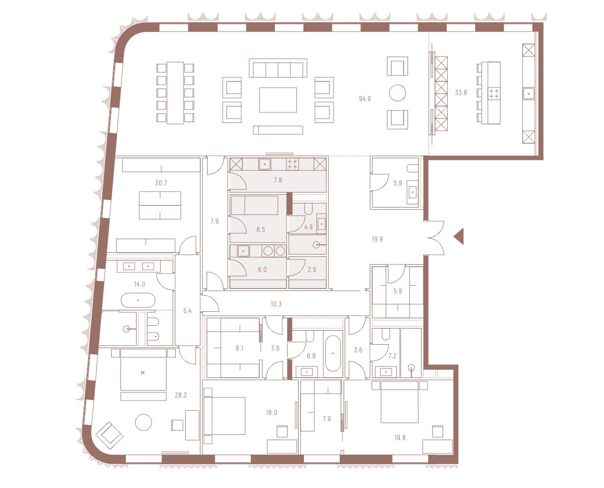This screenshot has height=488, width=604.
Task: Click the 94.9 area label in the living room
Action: tap(364, 99)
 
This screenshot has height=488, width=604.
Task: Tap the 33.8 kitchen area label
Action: tap(461, 92)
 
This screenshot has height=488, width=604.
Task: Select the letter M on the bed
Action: tap(143, 373)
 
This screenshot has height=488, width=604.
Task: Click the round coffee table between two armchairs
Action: tap(397, 93)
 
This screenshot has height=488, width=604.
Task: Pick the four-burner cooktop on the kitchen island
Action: tap(494, 93)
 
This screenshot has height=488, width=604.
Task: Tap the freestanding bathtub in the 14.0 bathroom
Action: tap(138, 300)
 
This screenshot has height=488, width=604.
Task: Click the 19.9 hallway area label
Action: tap(377, 239)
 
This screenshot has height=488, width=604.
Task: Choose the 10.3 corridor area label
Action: tap(276, 304)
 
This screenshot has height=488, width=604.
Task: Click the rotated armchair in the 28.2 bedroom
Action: tap(109, 435)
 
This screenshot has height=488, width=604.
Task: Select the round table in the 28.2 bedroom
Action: tap(143, 423)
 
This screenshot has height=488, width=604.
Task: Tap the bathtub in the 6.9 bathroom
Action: tap(333, 353)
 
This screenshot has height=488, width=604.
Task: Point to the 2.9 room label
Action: tap(312, 270)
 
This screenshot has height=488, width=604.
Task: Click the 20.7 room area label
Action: tap(161, 183)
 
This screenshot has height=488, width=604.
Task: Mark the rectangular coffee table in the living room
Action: tap(278, 100)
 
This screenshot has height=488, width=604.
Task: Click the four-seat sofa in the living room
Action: tap(278, 68)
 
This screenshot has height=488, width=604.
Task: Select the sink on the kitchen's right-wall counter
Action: tap(528, 93)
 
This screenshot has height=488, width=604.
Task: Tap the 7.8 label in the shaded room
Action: tap(278, 180)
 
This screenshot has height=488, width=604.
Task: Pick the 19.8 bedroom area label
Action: tap(400, 438)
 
